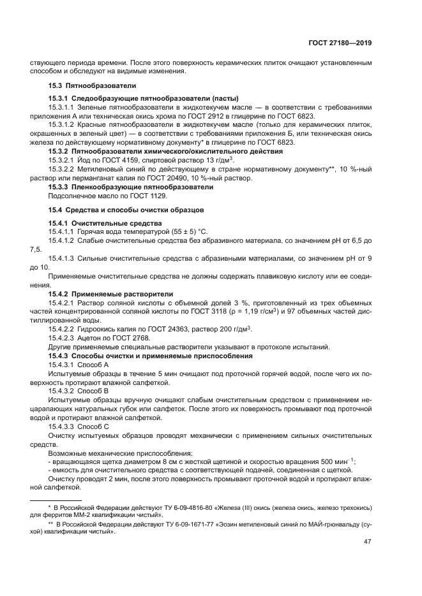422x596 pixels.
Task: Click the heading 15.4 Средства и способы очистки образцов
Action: (126, 209)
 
